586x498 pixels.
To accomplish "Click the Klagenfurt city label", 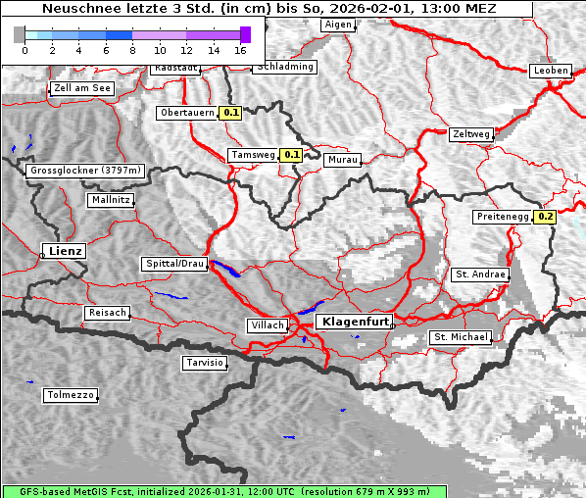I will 355,322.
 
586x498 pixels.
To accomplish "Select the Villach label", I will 267,325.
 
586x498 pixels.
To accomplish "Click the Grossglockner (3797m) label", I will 86,171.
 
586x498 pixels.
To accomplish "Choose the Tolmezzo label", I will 70,396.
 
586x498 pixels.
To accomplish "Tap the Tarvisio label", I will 205,363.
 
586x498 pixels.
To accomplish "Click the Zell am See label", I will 82,88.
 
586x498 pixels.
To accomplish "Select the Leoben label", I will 550,71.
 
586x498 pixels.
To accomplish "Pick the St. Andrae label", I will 480,274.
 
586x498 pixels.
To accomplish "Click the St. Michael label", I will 460,337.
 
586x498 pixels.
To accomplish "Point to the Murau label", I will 343,159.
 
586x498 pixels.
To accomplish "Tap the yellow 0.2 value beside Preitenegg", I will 545,217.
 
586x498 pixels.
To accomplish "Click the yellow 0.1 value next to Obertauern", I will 230,113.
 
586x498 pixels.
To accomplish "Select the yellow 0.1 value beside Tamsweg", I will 292,155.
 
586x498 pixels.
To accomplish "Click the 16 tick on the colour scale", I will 241,48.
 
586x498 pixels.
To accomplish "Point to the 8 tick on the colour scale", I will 132,48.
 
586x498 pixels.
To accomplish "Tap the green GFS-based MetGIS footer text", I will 224,491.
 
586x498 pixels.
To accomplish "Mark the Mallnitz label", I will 110,200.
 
